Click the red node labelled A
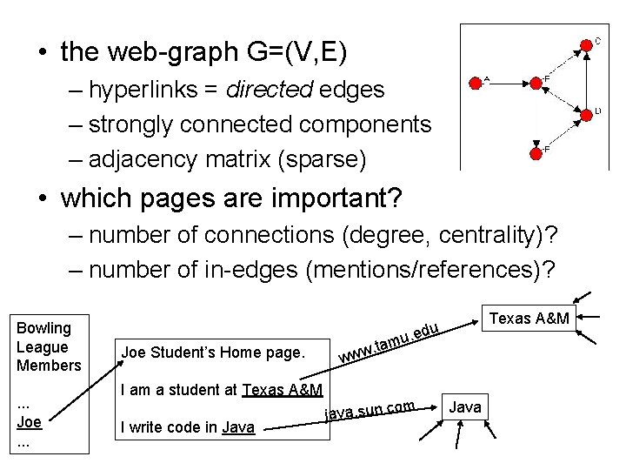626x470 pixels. click(x=475, y=84)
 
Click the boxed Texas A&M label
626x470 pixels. click(x=529, y=319)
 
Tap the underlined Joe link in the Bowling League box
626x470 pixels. click(x=30, y=422)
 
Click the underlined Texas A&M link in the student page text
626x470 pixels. click(x=283, y=389)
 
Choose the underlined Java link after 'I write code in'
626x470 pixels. click(x=238, y=426)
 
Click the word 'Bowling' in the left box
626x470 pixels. click(x=44, y=327)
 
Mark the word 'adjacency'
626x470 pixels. click(x=149, y=159)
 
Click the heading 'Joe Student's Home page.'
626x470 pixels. click(x=213, y=352)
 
